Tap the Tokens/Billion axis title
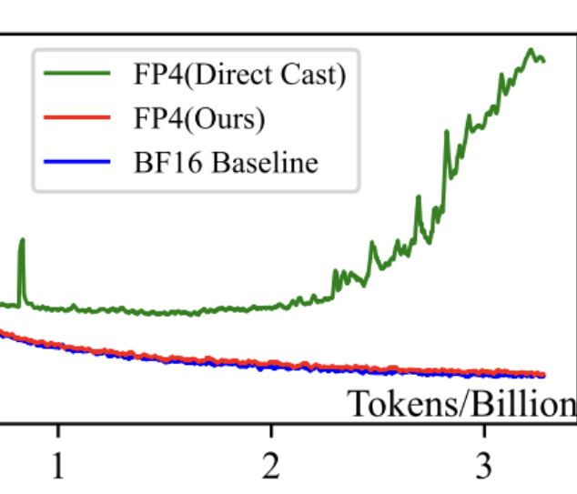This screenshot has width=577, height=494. tap(462, 404)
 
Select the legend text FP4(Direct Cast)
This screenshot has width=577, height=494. tap(235, 76)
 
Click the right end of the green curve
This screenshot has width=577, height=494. tap(543, 61)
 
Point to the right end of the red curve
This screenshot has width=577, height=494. tap(543, 374)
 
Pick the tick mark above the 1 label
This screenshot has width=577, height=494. tap(58, 428)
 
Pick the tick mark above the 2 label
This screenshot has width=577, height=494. tap(270, 428)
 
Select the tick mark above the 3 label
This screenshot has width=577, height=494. tap(483, 428)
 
